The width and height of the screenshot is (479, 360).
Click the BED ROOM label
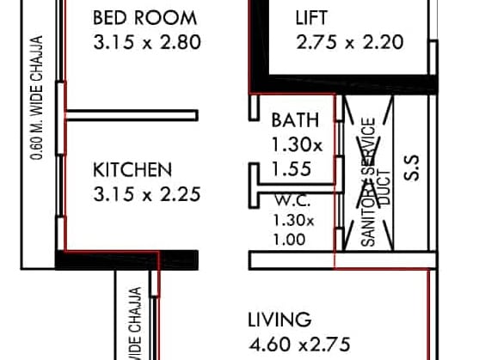[144, 17]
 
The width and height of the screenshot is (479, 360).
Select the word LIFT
[311, 17]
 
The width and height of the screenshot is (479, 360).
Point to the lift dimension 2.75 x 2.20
[349, 42]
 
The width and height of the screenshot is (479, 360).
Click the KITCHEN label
[132, 169]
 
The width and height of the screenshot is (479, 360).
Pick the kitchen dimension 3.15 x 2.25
[146, 194]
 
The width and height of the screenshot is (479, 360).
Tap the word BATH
[295, 120]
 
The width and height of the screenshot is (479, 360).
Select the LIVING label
[279, 320]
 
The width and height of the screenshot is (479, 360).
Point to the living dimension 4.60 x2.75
[299, 345]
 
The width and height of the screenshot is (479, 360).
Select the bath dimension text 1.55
[291, 170]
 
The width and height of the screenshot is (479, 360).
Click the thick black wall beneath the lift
[361, 83]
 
